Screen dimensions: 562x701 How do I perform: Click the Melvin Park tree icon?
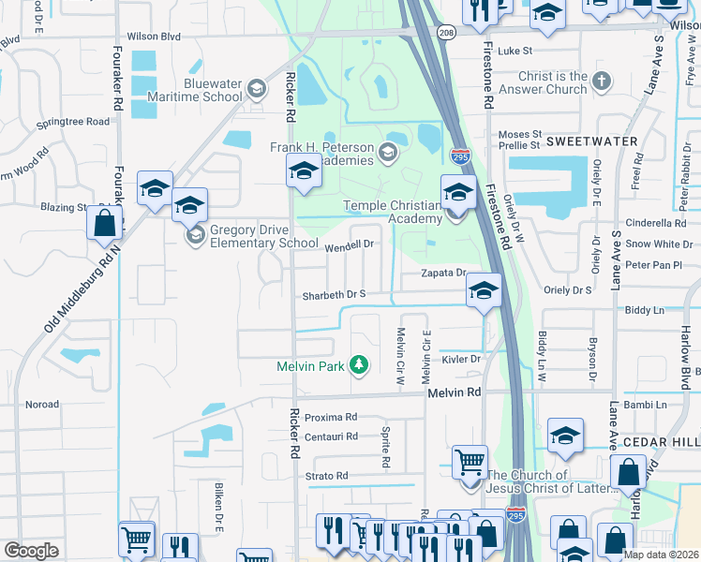357,364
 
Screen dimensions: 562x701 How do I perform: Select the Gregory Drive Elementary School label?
264,237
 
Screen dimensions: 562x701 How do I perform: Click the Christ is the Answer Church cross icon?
601,83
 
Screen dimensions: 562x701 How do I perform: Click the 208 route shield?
447,33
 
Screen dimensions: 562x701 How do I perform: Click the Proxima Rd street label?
331,417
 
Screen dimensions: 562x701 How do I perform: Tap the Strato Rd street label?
327,476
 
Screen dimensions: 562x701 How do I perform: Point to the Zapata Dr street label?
443,273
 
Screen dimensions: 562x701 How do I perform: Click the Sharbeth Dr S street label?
333,295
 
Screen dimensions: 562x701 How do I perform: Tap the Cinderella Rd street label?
656,223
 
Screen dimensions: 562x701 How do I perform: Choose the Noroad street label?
42,405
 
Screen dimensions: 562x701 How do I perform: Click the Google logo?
31,551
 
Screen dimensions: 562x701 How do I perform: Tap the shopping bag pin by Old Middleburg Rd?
104,225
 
